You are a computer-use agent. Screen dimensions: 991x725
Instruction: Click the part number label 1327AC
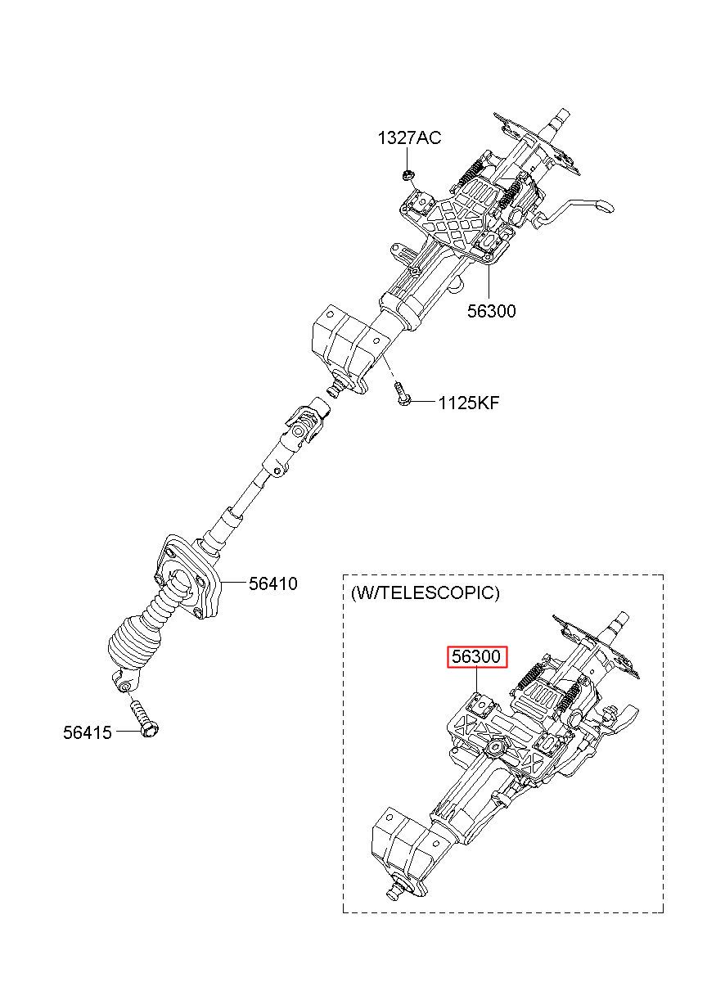point(408,137)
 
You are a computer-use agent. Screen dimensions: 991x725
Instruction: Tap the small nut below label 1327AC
point(407,173)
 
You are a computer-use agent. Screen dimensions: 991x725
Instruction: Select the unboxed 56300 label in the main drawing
point(492,311)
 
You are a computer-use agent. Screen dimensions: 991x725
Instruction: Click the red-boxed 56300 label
point(477,656)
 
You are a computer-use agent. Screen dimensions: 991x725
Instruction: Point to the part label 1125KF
point(468,403)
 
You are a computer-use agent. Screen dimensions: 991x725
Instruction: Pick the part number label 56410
point(273,583)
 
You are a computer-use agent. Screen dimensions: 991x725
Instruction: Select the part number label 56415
point(87,732)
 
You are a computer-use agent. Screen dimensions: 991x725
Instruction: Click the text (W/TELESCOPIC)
point(424,592)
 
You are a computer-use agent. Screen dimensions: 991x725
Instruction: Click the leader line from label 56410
point(234,583)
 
